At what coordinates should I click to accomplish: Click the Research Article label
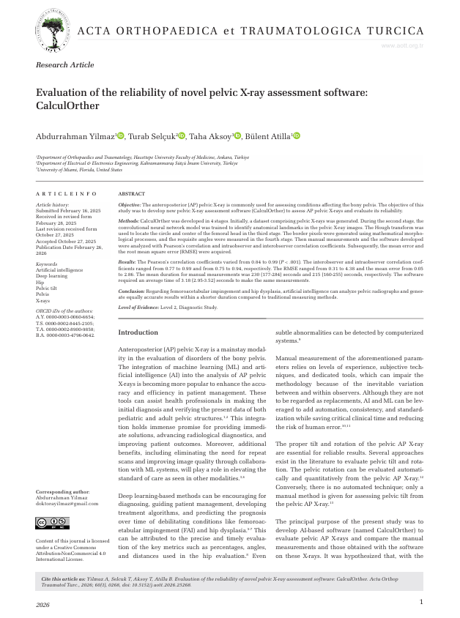[65, 65]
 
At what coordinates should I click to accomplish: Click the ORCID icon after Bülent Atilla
[297, 135]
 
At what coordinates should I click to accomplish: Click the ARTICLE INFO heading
[67, 193]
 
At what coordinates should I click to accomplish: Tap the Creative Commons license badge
[52, 523]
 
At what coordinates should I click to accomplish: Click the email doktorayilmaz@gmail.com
[67, 503]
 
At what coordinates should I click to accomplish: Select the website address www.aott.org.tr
[403, 45]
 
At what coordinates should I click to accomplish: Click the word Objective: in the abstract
[129, 206]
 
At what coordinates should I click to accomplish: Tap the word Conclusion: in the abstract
[132, 291]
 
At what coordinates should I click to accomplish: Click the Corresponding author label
[63, 491]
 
